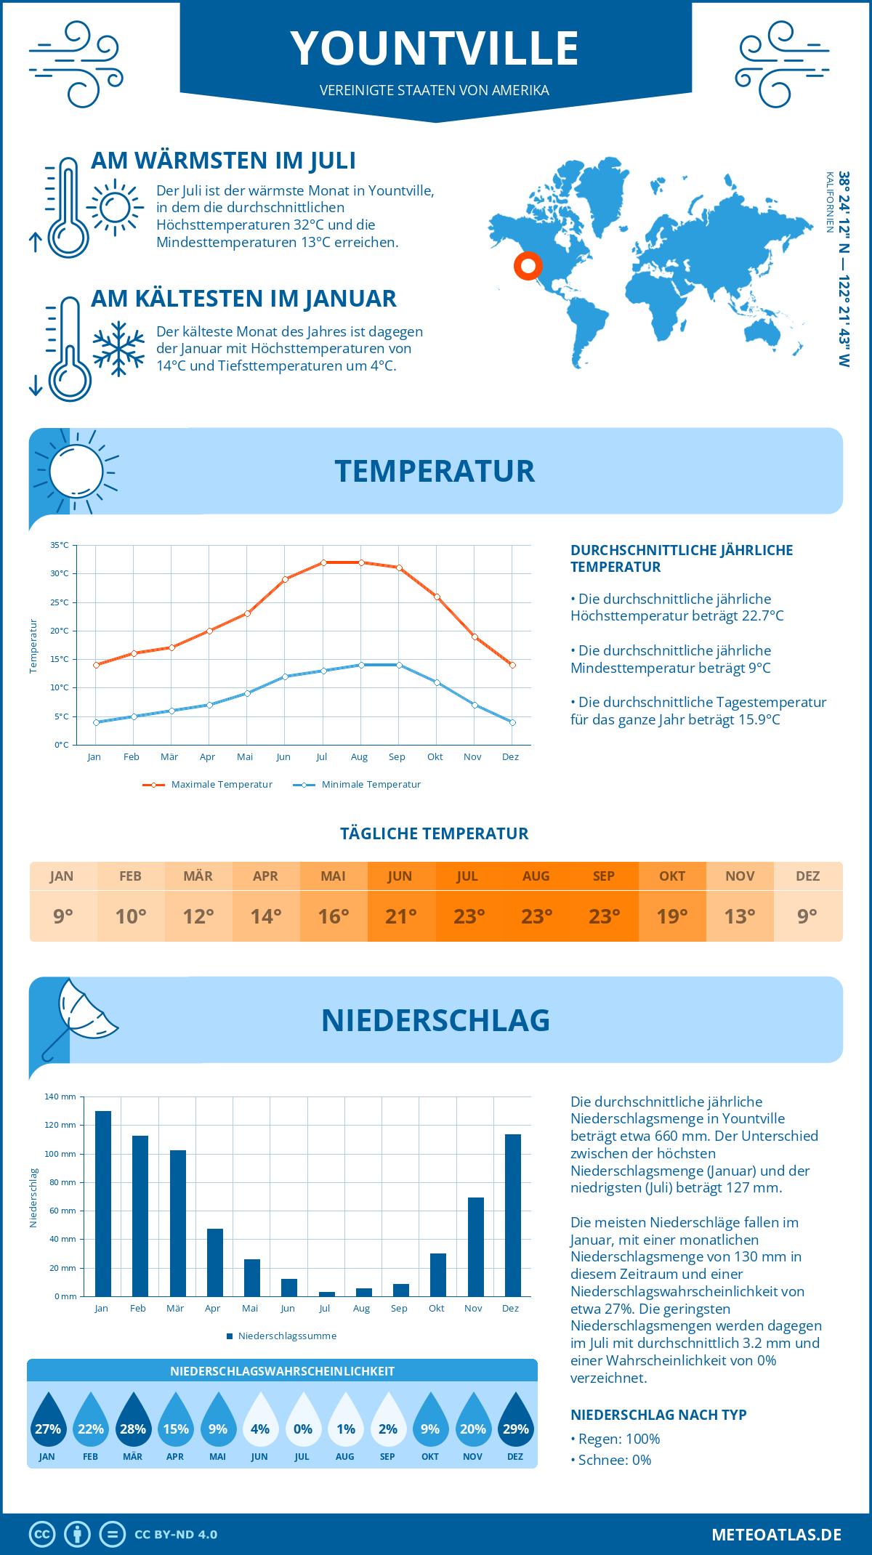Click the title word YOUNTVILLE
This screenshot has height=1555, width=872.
click(x=435, y=49)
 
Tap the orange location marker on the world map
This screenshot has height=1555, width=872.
click(x=528, y=266)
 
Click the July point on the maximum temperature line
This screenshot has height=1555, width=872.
click(x=323, y=562)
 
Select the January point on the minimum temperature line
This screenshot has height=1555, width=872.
click(x=96, y=722)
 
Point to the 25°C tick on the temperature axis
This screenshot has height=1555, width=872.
click(x=60, y=602)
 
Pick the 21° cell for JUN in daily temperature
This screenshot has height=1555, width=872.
click(x=401, y=916)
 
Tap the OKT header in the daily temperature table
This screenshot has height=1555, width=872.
click(x=672, y=876)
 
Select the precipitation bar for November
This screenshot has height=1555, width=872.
click(x=475, y=1247)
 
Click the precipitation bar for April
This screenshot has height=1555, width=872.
click(x=215, y=1263)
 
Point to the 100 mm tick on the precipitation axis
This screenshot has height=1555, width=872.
click(x=60, y=1154)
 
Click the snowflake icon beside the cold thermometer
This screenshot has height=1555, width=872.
click(x=118, y=349)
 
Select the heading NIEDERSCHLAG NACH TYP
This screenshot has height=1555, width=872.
click(x=658, y=1415)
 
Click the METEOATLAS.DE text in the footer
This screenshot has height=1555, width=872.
click(x=776, y=1535)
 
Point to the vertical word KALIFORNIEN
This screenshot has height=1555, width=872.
click(x=829, y=202)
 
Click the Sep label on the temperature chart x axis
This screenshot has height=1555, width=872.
click(x=397, y=757)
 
